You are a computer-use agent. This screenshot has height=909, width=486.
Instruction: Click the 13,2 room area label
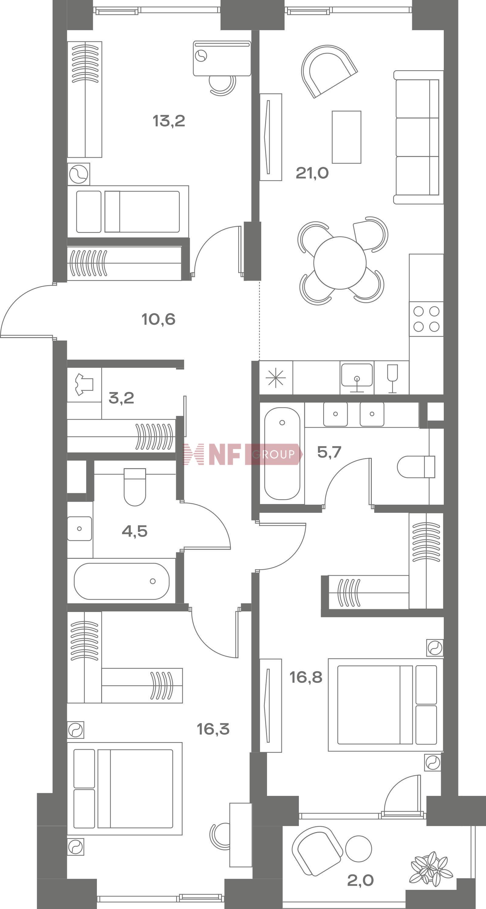coord(169,121)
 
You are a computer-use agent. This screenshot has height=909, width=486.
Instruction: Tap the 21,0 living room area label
coord(312,173)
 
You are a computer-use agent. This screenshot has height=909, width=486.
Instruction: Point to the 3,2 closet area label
coord(121,398)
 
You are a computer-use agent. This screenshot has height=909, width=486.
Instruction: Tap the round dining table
coord(340,263)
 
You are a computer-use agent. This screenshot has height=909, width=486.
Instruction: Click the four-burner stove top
coord(426,319)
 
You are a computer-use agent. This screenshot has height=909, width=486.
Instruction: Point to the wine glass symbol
coord(392,378)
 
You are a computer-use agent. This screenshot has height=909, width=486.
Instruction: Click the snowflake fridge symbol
coord(276,378)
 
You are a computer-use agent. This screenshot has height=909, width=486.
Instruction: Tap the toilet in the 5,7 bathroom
coord(416,467)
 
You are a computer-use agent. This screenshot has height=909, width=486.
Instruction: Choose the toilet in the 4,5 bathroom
coord(135,487)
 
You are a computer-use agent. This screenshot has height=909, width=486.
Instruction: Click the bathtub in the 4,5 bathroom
coord(122,581)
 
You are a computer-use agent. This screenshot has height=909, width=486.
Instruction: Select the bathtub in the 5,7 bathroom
coord(282,454)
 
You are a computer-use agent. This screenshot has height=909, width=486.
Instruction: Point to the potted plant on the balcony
coord(431,869)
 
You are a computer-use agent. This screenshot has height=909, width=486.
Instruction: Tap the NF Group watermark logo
coord(243,454)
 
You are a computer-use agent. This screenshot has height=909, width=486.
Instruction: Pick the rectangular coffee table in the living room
coord(346,137)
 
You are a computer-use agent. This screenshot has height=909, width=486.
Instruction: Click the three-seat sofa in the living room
coord(418,137)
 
